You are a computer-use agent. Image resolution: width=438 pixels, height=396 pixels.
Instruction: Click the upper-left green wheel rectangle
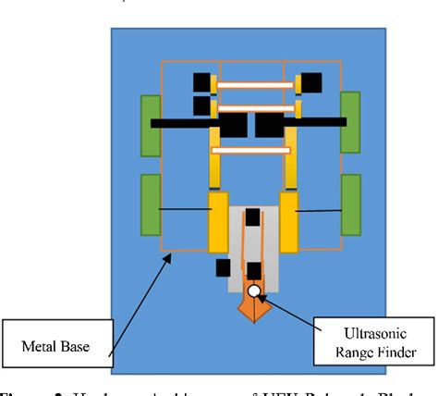(x=150, y=123)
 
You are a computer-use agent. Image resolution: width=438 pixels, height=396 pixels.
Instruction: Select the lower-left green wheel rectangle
(x=150, y=204)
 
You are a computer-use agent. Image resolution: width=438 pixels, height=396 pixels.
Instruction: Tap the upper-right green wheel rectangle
(x=350, y=122)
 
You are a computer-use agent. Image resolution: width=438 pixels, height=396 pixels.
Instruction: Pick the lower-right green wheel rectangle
(x=350, y=204)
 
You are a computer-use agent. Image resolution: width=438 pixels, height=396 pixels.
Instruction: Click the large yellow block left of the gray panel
(x=218, y=221)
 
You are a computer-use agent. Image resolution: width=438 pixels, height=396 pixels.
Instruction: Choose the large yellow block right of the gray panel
(x=289, y=221)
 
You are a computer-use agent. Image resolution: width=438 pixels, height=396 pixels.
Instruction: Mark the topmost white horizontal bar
(x=255, y=85)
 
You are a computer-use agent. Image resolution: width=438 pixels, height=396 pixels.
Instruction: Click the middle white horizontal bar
(x=255, y=107)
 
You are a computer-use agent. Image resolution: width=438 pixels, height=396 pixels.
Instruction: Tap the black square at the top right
(x=310, y=83)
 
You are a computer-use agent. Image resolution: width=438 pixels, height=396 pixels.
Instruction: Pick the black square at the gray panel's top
(x=251, y=218)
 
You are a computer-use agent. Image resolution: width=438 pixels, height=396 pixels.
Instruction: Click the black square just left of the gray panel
(x=223, y=267)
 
